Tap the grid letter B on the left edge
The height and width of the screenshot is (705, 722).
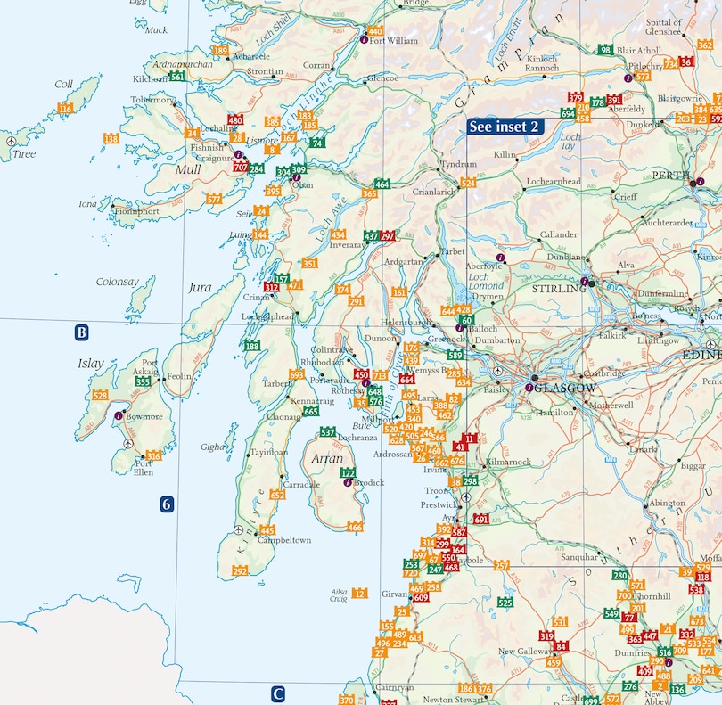coord(81,333)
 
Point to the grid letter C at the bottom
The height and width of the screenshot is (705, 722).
coord(278,693)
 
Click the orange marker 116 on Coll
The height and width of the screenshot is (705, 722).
coord(65,109)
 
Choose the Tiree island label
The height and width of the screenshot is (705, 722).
coord(24,154)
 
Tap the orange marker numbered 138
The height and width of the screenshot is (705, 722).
coord(111,138)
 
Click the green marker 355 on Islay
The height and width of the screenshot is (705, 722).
coord(143,382)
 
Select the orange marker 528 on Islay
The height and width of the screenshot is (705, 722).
coord(100,395)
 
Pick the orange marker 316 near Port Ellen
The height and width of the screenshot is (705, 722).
coord(154,456)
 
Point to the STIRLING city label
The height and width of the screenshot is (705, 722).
coord(554,290)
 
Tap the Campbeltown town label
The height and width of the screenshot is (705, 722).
coord(283,541)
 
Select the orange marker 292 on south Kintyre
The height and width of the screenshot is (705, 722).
coord(240,570)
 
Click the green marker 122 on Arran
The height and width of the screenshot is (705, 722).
coord(349,472)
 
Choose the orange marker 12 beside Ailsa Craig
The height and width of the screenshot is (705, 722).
coord(359,593)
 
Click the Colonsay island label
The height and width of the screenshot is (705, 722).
coord(118,282)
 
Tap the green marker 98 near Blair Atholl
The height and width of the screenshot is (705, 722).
coord(605,50)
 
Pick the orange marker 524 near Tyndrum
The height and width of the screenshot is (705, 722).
coord(467,183)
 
